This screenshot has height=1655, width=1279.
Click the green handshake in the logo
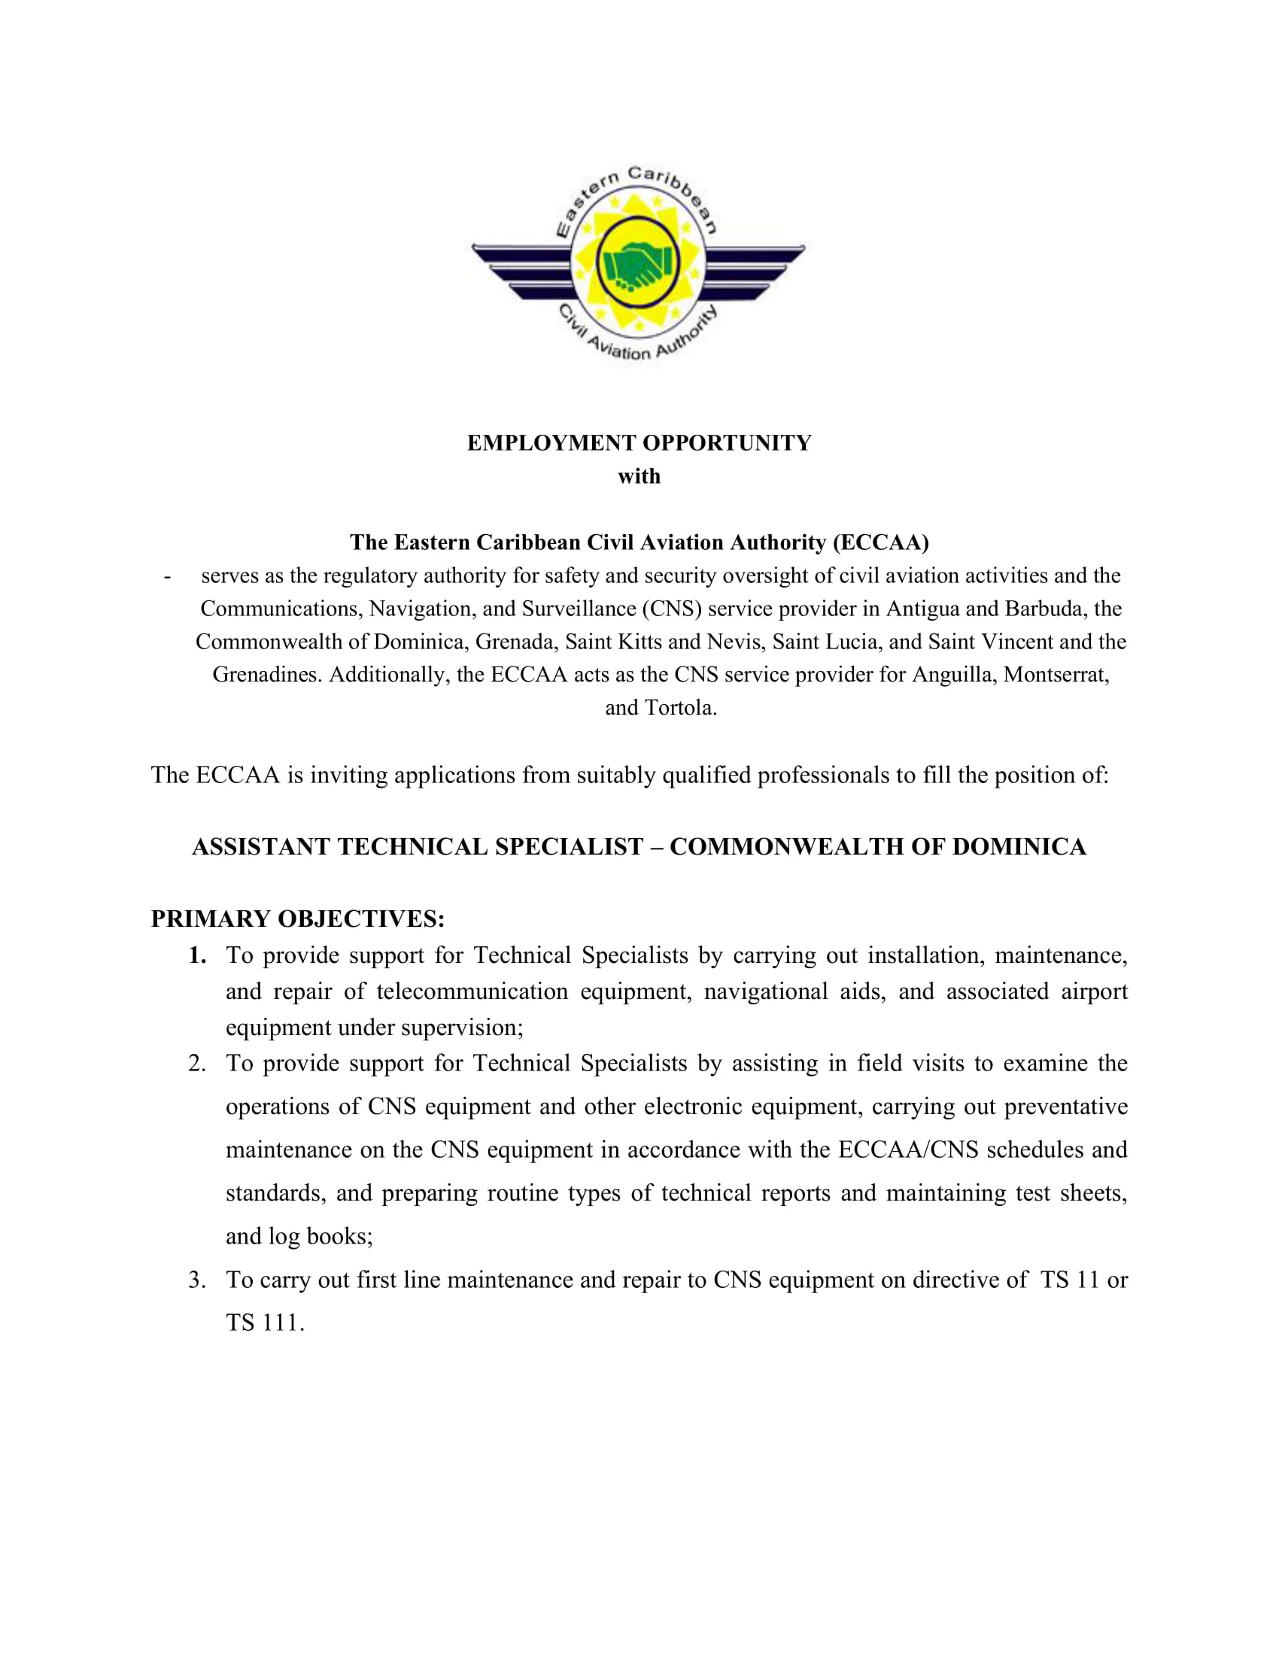click(x=637, y=265)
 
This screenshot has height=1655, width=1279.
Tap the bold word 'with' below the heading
click(x=639, y=477)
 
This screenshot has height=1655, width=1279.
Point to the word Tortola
click(x=680, y=708)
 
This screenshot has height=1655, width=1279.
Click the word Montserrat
click(x=1056, y=675)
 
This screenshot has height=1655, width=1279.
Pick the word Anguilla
click(x=954, y=675)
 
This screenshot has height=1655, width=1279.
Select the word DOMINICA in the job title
click(x=1019, y=846)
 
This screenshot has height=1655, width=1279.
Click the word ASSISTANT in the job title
click(x=260, y=846)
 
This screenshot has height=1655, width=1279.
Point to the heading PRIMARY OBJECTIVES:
click(x=298, y=919)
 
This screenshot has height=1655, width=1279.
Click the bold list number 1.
click(x=197, y=955)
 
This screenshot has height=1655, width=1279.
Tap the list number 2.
click(x=197, y=1064)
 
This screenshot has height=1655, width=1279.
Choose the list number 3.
click(x=197, y=1280)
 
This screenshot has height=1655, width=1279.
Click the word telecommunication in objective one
click(x=471, y=992)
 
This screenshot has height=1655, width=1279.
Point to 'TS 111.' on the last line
click(x=264, y=1323)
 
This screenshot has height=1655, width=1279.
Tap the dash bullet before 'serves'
click(x=168, y=577)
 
